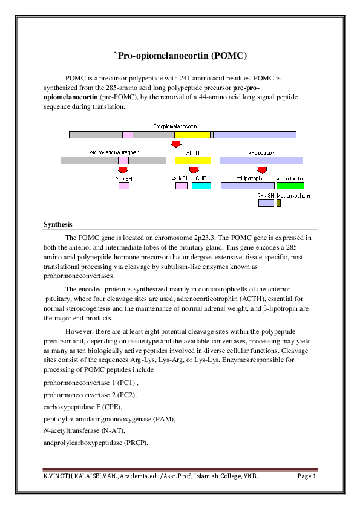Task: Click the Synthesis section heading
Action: [x=57, y=225]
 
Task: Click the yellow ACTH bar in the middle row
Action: [x=192, y=160]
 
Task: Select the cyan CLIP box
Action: [x=201, y=186]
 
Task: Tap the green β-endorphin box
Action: [x=290, y=186]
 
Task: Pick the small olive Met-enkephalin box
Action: [x=278, y=203]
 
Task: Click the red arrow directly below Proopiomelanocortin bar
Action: [x=176, y=144]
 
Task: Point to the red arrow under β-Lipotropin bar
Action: [x=262, y=170]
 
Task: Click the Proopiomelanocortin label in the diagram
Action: [x=175, y=126]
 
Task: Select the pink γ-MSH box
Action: [x=123, y=186]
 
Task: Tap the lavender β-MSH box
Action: [x=266, y=203]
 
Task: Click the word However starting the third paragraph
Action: [x=80, y=332]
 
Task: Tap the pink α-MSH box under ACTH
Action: [x=182, y=186]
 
